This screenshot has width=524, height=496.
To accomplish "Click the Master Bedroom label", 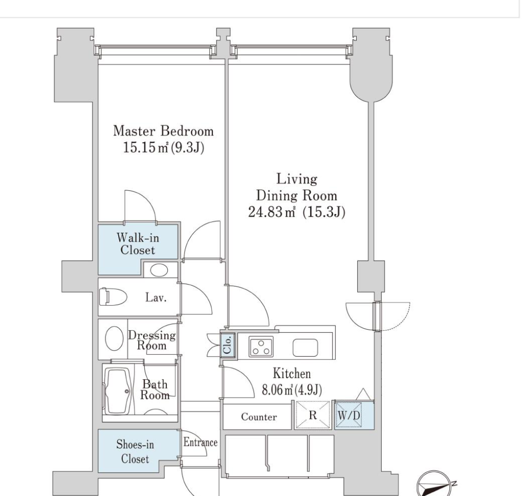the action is point(163,131).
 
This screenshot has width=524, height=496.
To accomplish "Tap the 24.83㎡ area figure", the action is point(272,212).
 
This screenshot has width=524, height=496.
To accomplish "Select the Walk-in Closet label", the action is point(138,244).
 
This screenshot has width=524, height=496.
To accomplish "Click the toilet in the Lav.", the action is point(113,296).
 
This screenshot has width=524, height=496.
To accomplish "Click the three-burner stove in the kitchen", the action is point(260,346).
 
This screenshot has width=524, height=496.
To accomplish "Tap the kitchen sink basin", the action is point(305,348).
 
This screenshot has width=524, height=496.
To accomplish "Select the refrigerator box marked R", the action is point(313,415).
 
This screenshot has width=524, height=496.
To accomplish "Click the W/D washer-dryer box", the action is point(349,415).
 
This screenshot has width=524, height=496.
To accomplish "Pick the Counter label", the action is point(259,417).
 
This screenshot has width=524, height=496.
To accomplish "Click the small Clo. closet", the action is point(228,345).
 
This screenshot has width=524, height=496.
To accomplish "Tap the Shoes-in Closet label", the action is point(135,451).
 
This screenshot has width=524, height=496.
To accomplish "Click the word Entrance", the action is point(201,443).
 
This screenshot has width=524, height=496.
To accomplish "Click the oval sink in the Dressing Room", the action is point(114,338).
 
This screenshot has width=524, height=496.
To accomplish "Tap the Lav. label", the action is point(156,297).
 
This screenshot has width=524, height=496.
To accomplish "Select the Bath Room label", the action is point(155,390).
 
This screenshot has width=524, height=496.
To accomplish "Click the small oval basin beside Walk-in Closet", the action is point(159,270).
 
